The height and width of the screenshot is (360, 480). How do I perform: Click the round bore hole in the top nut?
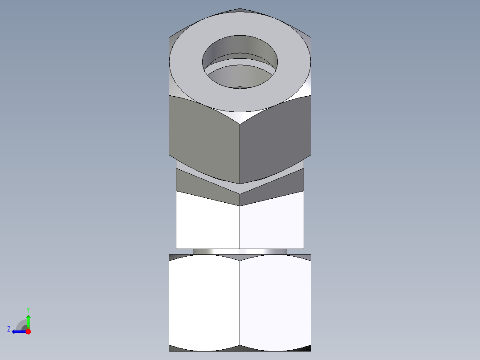(240, 62)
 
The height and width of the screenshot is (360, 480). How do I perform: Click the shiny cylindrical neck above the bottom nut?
(240, 252)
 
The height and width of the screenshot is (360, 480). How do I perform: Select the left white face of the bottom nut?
(204, 303)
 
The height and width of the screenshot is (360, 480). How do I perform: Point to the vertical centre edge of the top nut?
(240, 151)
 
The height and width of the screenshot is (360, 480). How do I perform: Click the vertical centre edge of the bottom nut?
(240, 303)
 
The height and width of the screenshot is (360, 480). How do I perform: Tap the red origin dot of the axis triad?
(28, 331)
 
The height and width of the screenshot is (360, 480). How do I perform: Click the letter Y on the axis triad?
(28, 309)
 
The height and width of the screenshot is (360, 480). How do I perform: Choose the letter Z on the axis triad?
(9, 329)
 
